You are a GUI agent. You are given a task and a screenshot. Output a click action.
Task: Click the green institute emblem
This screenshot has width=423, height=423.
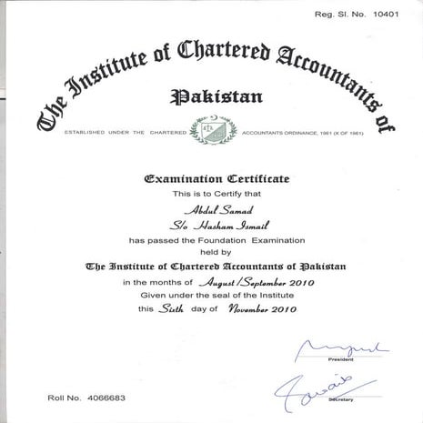pos(211,130)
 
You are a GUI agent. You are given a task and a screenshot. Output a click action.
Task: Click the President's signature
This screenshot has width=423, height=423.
pos(342,348)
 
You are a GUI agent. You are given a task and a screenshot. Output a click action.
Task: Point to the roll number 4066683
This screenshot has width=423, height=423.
pos(107,398)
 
